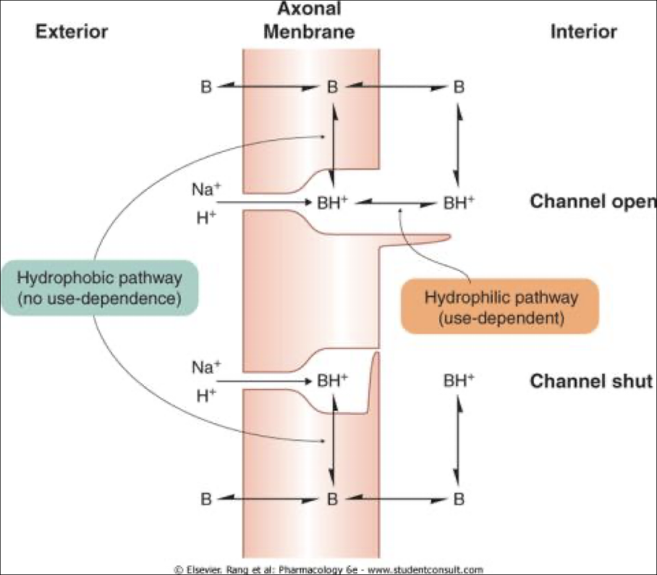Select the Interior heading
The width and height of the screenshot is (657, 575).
coord(584,31)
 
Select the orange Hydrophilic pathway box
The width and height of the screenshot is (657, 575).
coord(499,306)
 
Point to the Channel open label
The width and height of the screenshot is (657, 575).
coord(593,201)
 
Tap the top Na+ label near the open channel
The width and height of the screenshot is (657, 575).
coord(203,190)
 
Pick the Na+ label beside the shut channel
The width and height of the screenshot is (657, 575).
coord(203,367)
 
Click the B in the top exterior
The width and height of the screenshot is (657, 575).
coord(206,87)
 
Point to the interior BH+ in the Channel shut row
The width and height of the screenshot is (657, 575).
coord(459,379)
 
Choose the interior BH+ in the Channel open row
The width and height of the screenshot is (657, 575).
coord(459,203)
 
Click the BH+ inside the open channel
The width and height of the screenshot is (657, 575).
coord(333,203)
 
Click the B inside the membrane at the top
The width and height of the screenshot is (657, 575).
coord(332,87)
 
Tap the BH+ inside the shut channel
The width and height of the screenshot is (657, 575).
coord(333,379)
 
